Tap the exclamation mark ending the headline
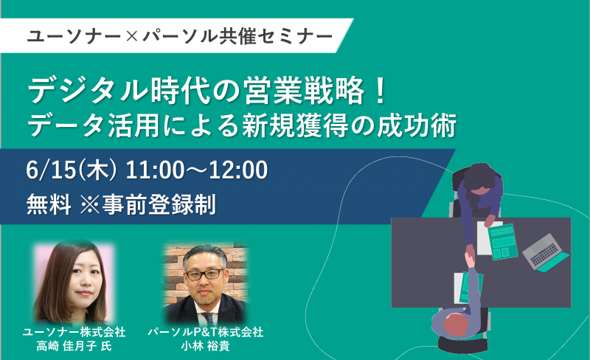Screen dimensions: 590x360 pos(381,91)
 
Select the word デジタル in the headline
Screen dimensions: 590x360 pos(88,91)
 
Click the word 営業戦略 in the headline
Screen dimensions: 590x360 pos(304,91)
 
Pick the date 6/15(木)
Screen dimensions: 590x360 pos(72,170)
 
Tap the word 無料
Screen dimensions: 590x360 pos(49,204)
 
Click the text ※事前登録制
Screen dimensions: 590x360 pos(148,204)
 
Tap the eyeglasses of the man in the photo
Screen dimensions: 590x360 pos(204,274)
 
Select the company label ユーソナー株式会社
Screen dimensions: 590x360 pos(74,332)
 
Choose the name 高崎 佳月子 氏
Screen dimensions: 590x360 pos(74,346)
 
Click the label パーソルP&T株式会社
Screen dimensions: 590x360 pos(206,332)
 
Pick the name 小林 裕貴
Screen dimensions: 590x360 pos(206,346)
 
